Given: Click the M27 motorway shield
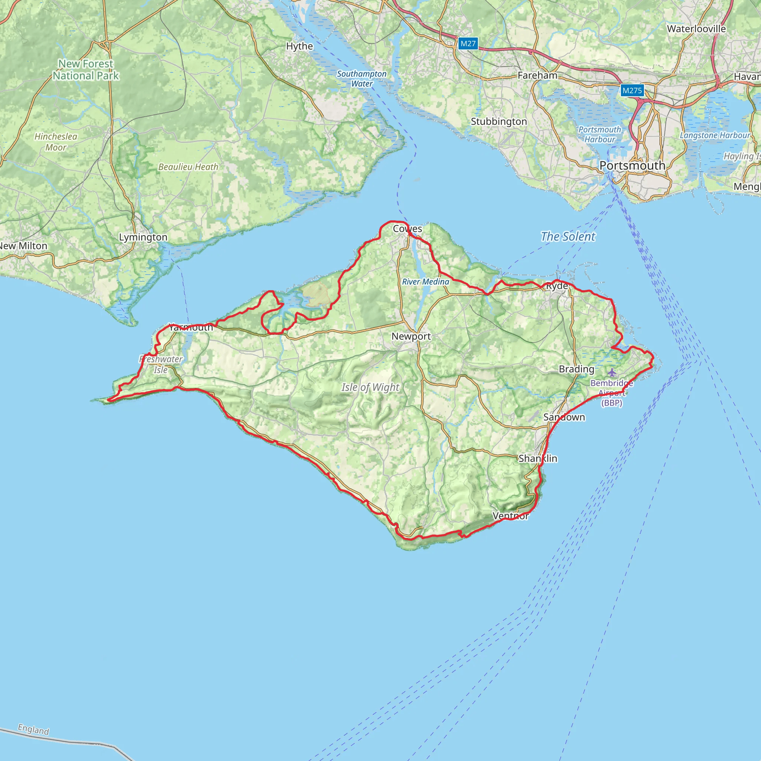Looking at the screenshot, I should [468, 44].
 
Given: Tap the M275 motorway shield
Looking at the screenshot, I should [632, 91].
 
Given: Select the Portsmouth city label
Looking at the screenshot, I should [632, 166].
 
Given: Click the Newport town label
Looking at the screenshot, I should [411, 336].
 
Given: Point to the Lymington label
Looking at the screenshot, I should [143, 237].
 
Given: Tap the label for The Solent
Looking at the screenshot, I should [568, 236].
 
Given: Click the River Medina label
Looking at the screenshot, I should [425, 282].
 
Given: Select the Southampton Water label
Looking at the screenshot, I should [362, 79].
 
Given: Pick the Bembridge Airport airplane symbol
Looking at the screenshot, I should [611, 372].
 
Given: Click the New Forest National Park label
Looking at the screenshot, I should [86, 70].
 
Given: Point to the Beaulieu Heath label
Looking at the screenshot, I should [188, 167].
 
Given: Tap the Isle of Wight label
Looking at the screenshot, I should [370, 387].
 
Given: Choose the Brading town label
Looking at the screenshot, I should [576, 369].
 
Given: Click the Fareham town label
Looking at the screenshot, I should [537, 75].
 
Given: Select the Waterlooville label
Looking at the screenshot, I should [696, 29].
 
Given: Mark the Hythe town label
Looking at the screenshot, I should [299, 46].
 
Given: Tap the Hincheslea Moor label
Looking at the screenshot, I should [56, 142].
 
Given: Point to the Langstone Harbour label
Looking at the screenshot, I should [715, 135].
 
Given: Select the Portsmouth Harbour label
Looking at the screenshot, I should [599, 134].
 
